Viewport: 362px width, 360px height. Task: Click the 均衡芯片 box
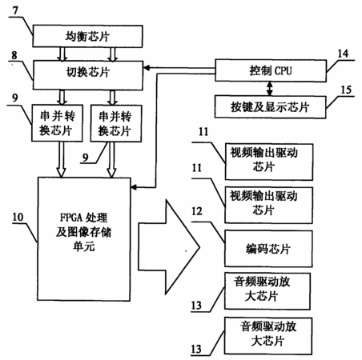(x=87, y=36)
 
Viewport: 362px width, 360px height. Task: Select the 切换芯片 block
(x=88, y=75)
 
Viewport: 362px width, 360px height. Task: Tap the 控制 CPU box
(x=271, y=70)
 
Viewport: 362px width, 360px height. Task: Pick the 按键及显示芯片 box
(x=270, y=107)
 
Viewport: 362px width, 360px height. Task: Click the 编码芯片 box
(x=268, y=249)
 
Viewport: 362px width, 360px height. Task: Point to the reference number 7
(x=15, y=10)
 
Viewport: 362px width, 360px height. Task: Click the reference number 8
(x=14, y=55)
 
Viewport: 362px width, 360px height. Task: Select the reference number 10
(x=18, y=217)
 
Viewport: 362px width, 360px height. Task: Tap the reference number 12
(x=197, y=211)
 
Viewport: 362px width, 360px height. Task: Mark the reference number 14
(x=344, y=54)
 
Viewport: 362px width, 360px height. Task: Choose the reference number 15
(x=346, y=90)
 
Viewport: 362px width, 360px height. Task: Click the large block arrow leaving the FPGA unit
(x=169, y=247)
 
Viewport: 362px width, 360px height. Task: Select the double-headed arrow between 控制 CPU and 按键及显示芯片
(x=270, y=89)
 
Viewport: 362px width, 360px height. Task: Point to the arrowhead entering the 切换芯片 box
(x=147, y=68)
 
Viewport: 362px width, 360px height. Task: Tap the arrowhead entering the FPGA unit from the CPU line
(x=134, y=187)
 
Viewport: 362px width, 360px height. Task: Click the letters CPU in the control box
(x=284, y=71)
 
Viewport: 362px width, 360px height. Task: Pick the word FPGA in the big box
(x=70, y=218)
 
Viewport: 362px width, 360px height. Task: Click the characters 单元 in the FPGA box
(x=84, y=246)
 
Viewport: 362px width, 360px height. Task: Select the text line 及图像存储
(x=84, y=232)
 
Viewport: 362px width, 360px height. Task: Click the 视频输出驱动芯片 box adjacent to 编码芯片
(x=268, y=206)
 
